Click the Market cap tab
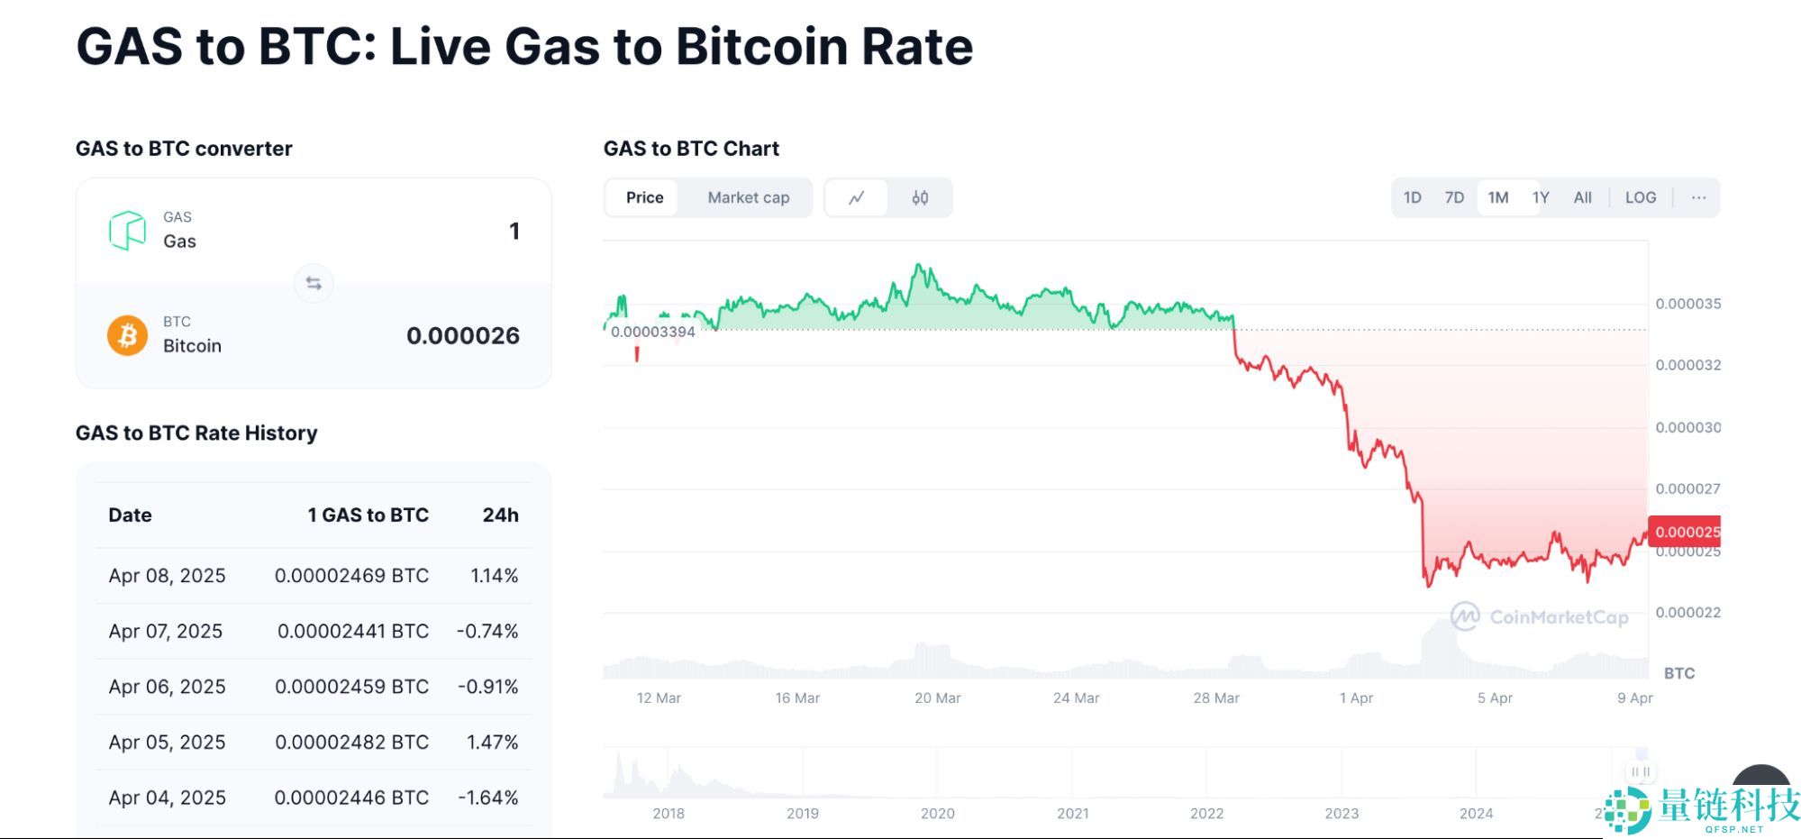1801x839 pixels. point(748,197)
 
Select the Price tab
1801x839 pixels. point(644,197)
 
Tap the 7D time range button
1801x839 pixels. point(1454,197)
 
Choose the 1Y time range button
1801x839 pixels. point(1541,197)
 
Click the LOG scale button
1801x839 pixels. point(1640,197)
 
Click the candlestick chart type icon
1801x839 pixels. point(920,197)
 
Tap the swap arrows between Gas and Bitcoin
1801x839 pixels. point(314,283)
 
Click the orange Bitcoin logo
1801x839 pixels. point(128,335)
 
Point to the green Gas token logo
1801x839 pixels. point(128,231)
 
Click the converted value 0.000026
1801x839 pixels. point(462,335)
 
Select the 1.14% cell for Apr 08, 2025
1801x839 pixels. point(494,575)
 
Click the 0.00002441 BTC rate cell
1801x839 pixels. point(352,631)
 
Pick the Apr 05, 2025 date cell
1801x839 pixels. point(167,742)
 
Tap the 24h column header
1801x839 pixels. point(500,515)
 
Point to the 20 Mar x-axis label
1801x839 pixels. point(937,698)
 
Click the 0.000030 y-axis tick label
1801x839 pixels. point(1687,427)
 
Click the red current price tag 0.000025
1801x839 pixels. point(1685,531)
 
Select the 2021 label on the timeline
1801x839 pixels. point(1072,813)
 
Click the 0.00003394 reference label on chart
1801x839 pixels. point(653,332)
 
